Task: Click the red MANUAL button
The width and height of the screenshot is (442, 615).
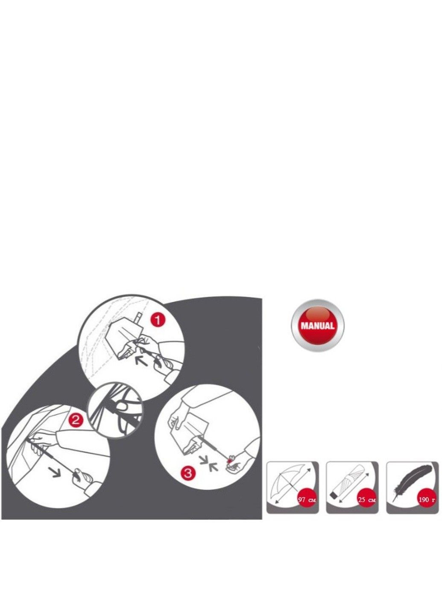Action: (x=317, y=325)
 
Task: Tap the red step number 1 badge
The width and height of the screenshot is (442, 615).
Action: (x=158, y=320)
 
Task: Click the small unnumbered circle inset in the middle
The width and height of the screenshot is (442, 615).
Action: (x=115, y=411)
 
